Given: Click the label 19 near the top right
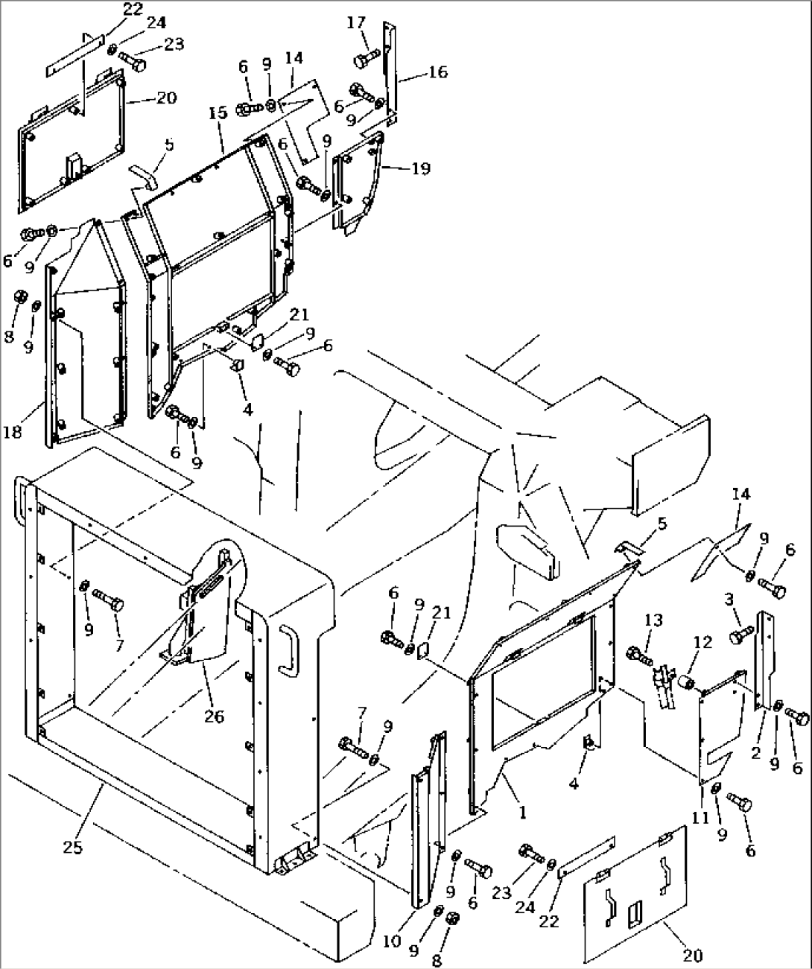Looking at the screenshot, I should [420, 169].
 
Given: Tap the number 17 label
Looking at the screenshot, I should [357, 23].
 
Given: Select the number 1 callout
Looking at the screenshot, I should [522, 814].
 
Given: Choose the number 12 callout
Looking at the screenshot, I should [702, 641].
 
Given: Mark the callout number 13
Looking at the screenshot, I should [653, 622].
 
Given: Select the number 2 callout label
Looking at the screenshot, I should [756, 754].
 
